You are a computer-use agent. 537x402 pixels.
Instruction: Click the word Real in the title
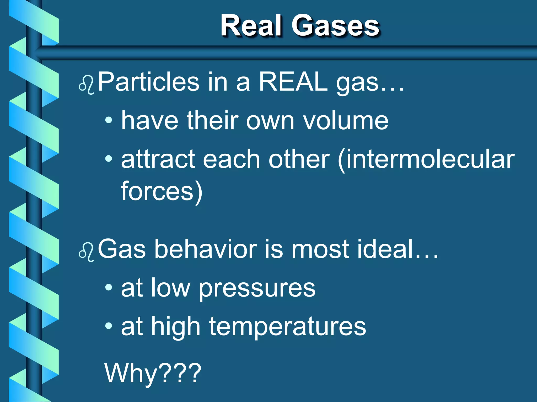click(251, 26)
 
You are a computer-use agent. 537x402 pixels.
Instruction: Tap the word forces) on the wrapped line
click(162, 192)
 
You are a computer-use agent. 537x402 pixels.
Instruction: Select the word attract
click(158, 160)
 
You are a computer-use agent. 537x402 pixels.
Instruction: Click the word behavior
click(206, 249)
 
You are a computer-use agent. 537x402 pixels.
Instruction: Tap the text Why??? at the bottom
click(153, 373)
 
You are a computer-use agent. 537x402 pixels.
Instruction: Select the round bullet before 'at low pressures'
click(109, 288)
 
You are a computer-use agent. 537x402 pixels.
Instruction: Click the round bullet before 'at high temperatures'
click(109, 326)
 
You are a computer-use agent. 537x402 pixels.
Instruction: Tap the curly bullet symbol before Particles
click(86, 85)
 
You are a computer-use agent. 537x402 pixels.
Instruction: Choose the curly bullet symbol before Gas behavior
click(86, 252)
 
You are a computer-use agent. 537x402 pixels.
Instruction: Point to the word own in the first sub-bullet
click(270, 121)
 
